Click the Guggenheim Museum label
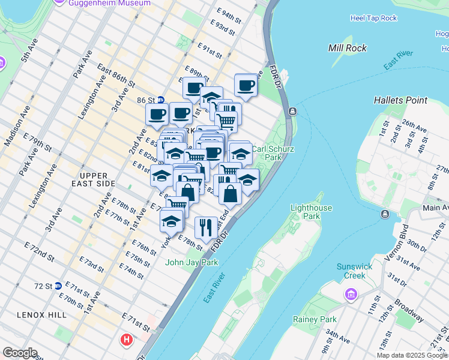coord(109,3)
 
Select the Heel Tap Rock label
coord(373,18)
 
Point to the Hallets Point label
coord(400,100)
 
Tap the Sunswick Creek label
coord(354,271)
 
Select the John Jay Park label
coord(191,262)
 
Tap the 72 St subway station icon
coord(58,286)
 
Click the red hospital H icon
coord(126,340)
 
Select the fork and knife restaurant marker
coord(206,227)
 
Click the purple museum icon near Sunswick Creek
coord(351,295)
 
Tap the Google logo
coord(20,353)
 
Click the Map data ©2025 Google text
coord(412,355)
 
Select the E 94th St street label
coord(232,13)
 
